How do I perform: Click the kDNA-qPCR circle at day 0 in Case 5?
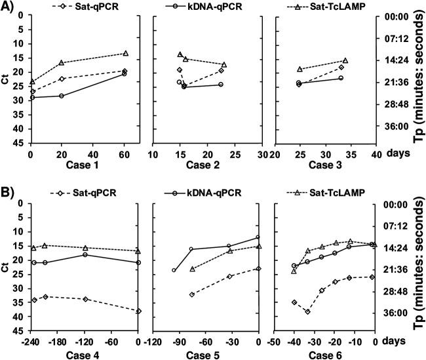[258, 237]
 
